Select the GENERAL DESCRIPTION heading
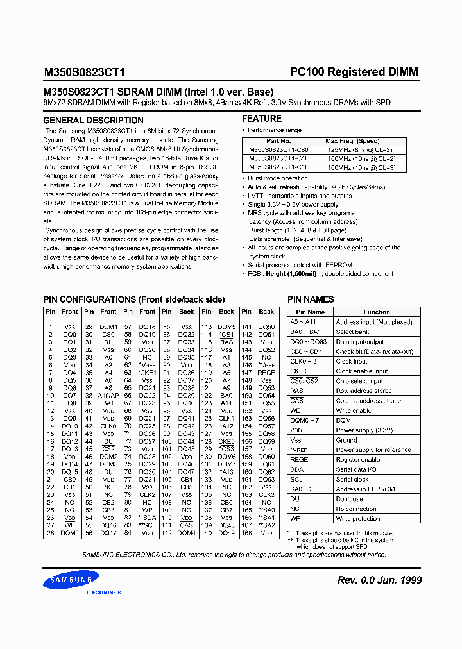[93, 121]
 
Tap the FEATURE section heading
[262, 119]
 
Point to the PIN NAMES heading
[311, 299]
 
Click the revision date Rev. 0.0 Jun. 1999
[379, 580]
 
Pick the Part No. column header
[278, 140]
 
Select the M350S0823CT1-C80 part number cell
[278, 149]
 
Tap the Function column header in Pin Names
[376, 312]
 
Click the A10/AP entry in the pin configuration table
[108, 396]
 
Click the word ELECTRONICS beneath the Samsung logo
[103, 593]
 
